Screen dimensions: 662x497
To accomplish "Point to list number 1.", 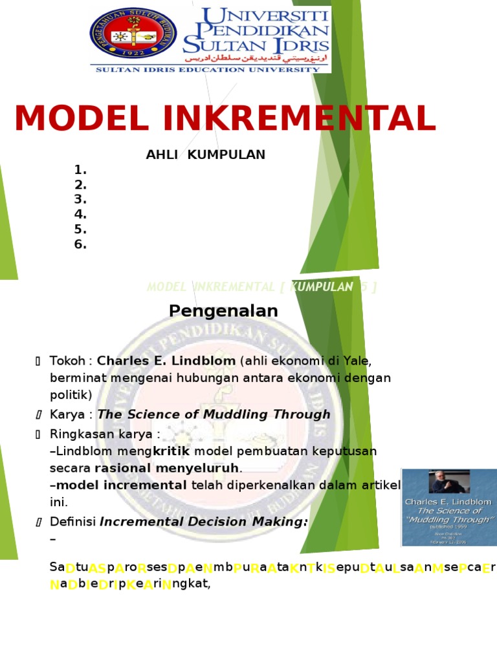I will pyautogui.click(x=80, y=170).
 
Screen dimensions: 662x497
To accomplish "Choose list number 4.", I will pyautogui.click(x=80, y=215).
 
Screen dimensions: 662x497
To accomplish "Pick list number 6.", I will pyautogui.click(x=80, y=244).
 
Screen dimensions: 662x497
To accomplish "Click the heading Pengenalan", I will pyautogui.click(x=223, y=311).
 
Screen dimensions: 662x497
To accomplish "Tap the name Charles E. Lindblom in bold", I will pyautogui.click(x=166, y=360).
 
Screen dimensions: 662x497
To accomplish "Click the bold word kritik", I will pyautogui.click(x=172, y=451).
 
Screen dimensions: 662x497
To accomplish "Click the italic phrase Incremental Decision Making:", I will pyautogui.click(x=203, y=522).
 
